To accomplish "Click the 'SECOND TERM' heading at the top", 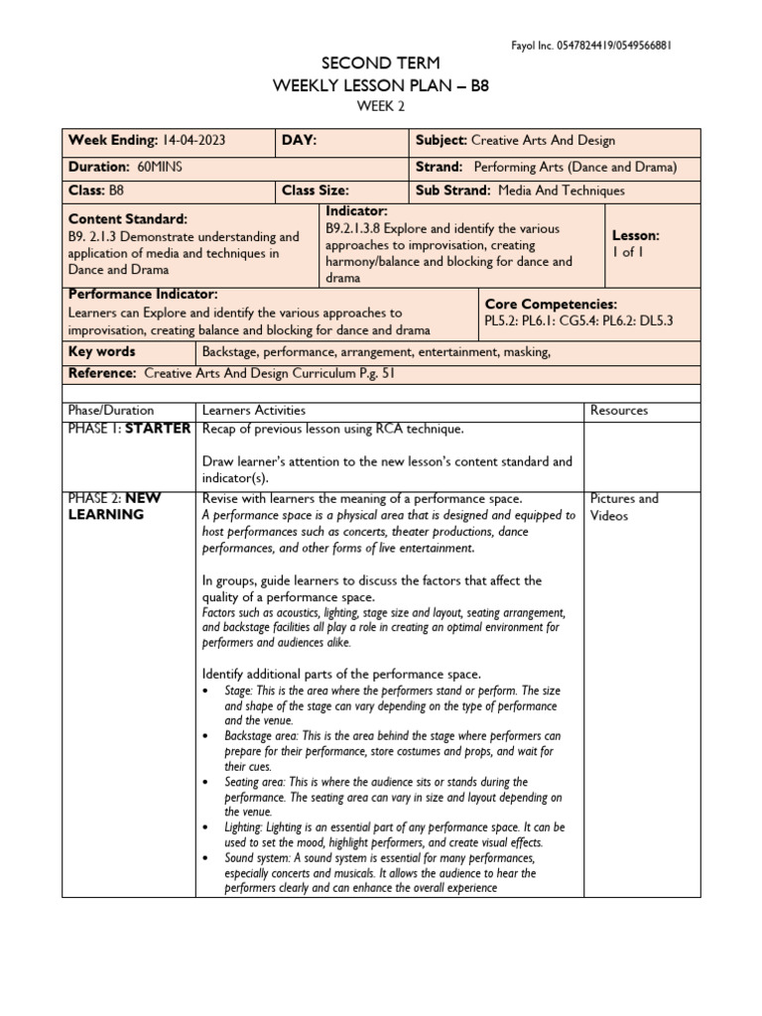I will click(x=381, y=63).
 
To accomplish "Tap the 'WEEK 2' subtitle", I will click(x=381, y=107).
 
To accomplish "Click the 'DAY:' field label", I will click(x=299, y=141).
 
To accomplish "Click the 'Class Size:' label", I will click(x=316, y=190).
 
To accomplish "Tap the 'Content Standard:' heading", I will click(x=127, y=218).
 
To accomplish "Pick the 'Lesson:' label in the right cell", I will click(x=636, y=236).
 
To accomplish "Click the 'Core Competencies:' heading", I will click(x=551, y=304).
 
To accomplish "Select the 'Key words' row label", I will click(x=101, y=351).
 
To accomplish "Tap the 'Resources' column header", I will click(x=619, y=410).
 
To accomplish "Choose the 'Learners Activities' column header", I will click(x=254, y=410).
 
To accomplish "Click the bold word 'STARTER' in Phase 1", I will click(x=158, y=429).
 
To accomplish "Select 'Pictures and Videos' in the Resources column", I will click(x=624, y=507).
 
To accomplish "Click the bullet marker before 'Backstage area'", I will click(x=204, y=737).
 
